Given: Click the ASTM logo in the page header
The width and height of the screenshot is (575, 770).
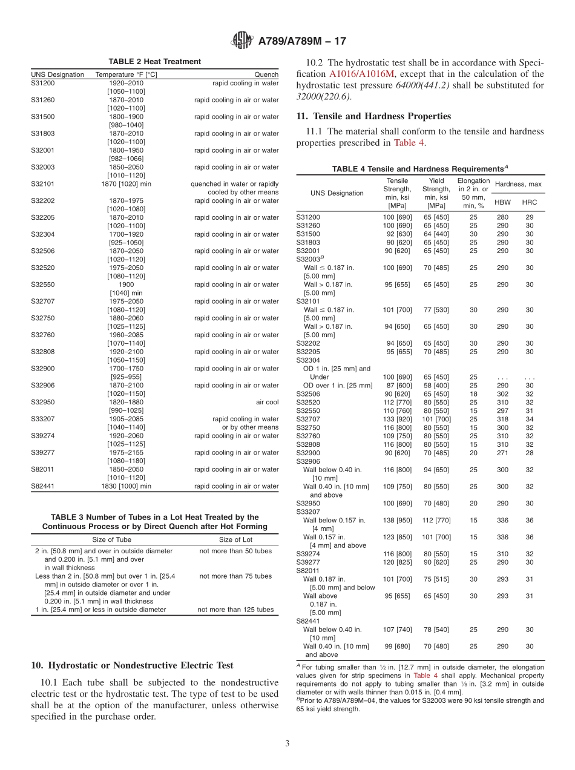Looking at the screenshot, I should (242, 41).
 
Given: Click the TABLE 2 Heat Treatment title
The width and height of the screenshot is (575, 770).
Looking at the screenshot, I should (155, 62).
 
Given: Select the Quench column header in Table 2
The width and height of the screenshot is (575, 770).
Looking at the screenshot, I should (267, 74).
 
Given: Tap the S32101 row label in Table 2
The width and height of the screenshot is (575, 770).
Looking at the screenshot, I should (42, 184).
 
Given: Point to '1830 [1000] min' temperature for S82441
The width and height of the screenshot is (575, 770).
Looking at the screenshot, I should (126, 486).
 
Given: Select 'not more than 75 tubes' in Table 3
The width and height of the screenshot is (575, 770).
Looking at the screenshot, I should (235, 576).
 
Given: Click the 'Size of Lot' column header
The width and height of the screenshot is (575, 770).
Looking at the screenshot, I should (235, 539).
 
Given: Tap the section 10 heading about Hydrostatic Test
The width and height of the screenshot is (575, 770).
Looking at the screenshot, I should (132, 666).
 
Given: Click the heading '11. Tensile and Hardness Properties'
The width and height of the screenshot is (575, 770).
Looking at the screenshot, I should (373, 116).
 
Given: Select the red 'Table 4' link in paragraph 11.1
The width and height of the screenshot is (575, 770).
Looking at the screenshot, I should (409, 143).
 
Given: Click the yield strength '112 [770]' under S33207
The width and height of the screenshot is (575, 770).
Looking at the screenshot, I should (436, 520).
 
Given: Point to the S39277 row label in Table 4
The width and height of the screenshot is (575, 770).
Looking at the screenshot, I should (309, 562).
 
